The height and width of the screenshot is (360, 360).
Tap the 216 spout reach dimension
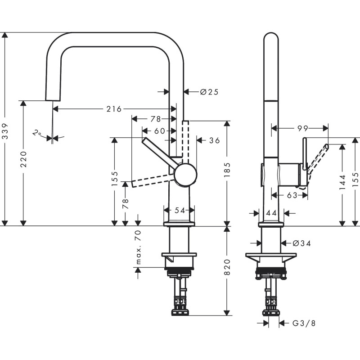tap(114, 109)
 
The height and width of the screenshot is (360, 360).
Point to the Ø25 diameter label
tap(208, 92)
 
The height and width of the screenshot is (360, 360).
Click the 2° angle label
tap(37, 134)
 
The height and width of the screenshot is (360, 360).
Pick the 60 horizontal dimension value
tap(159, 131)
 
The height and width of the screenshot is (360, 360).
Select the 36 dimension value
tap(214, 140)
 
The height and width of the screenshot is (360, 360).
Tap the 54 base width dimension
tap(179, 210)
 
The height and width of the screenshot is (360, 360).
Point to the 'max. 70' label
tap(139, 247)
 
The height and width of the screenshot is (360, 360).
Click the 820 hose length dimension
tap(227, 268)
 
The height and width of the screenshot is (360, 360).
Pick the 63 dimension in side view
tap(292, 195)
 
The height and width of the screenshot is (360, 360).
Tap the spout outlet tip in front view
tap(53, 99)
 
